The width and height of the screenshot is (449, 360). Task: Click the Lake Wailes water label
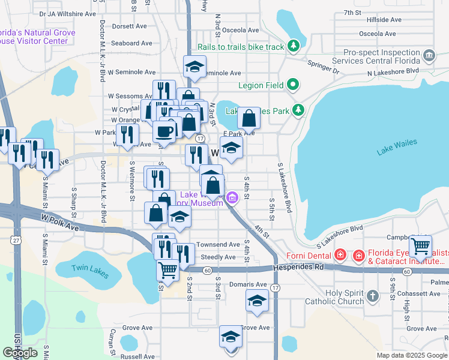coord(396,148)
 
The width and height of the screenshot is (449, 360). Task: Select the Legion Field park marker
coord(293,85)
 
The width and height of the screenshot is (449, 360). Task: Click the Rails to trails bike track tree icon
coord(293,46)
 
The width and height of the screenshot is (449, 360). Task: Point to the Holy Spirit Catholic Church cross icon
coord(373,296)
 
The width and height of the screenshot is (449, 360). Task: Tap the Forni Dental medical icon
coord(340,255)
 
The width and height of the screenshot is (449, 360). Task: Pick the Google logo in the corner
coord(20,353)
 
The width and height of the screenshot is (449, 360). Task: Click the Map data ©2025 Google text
coord(412,355)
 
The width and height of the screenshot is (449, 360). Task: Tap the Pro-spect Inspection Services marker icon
coord(429,56)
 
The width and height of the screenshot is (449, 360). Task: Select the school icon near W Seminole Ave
coord(194,67)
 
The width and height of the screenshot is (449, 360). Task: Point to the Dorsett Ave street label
coord(129,26)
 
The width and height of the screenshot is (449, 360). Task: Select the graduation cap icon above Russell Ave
coord(230,337)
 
